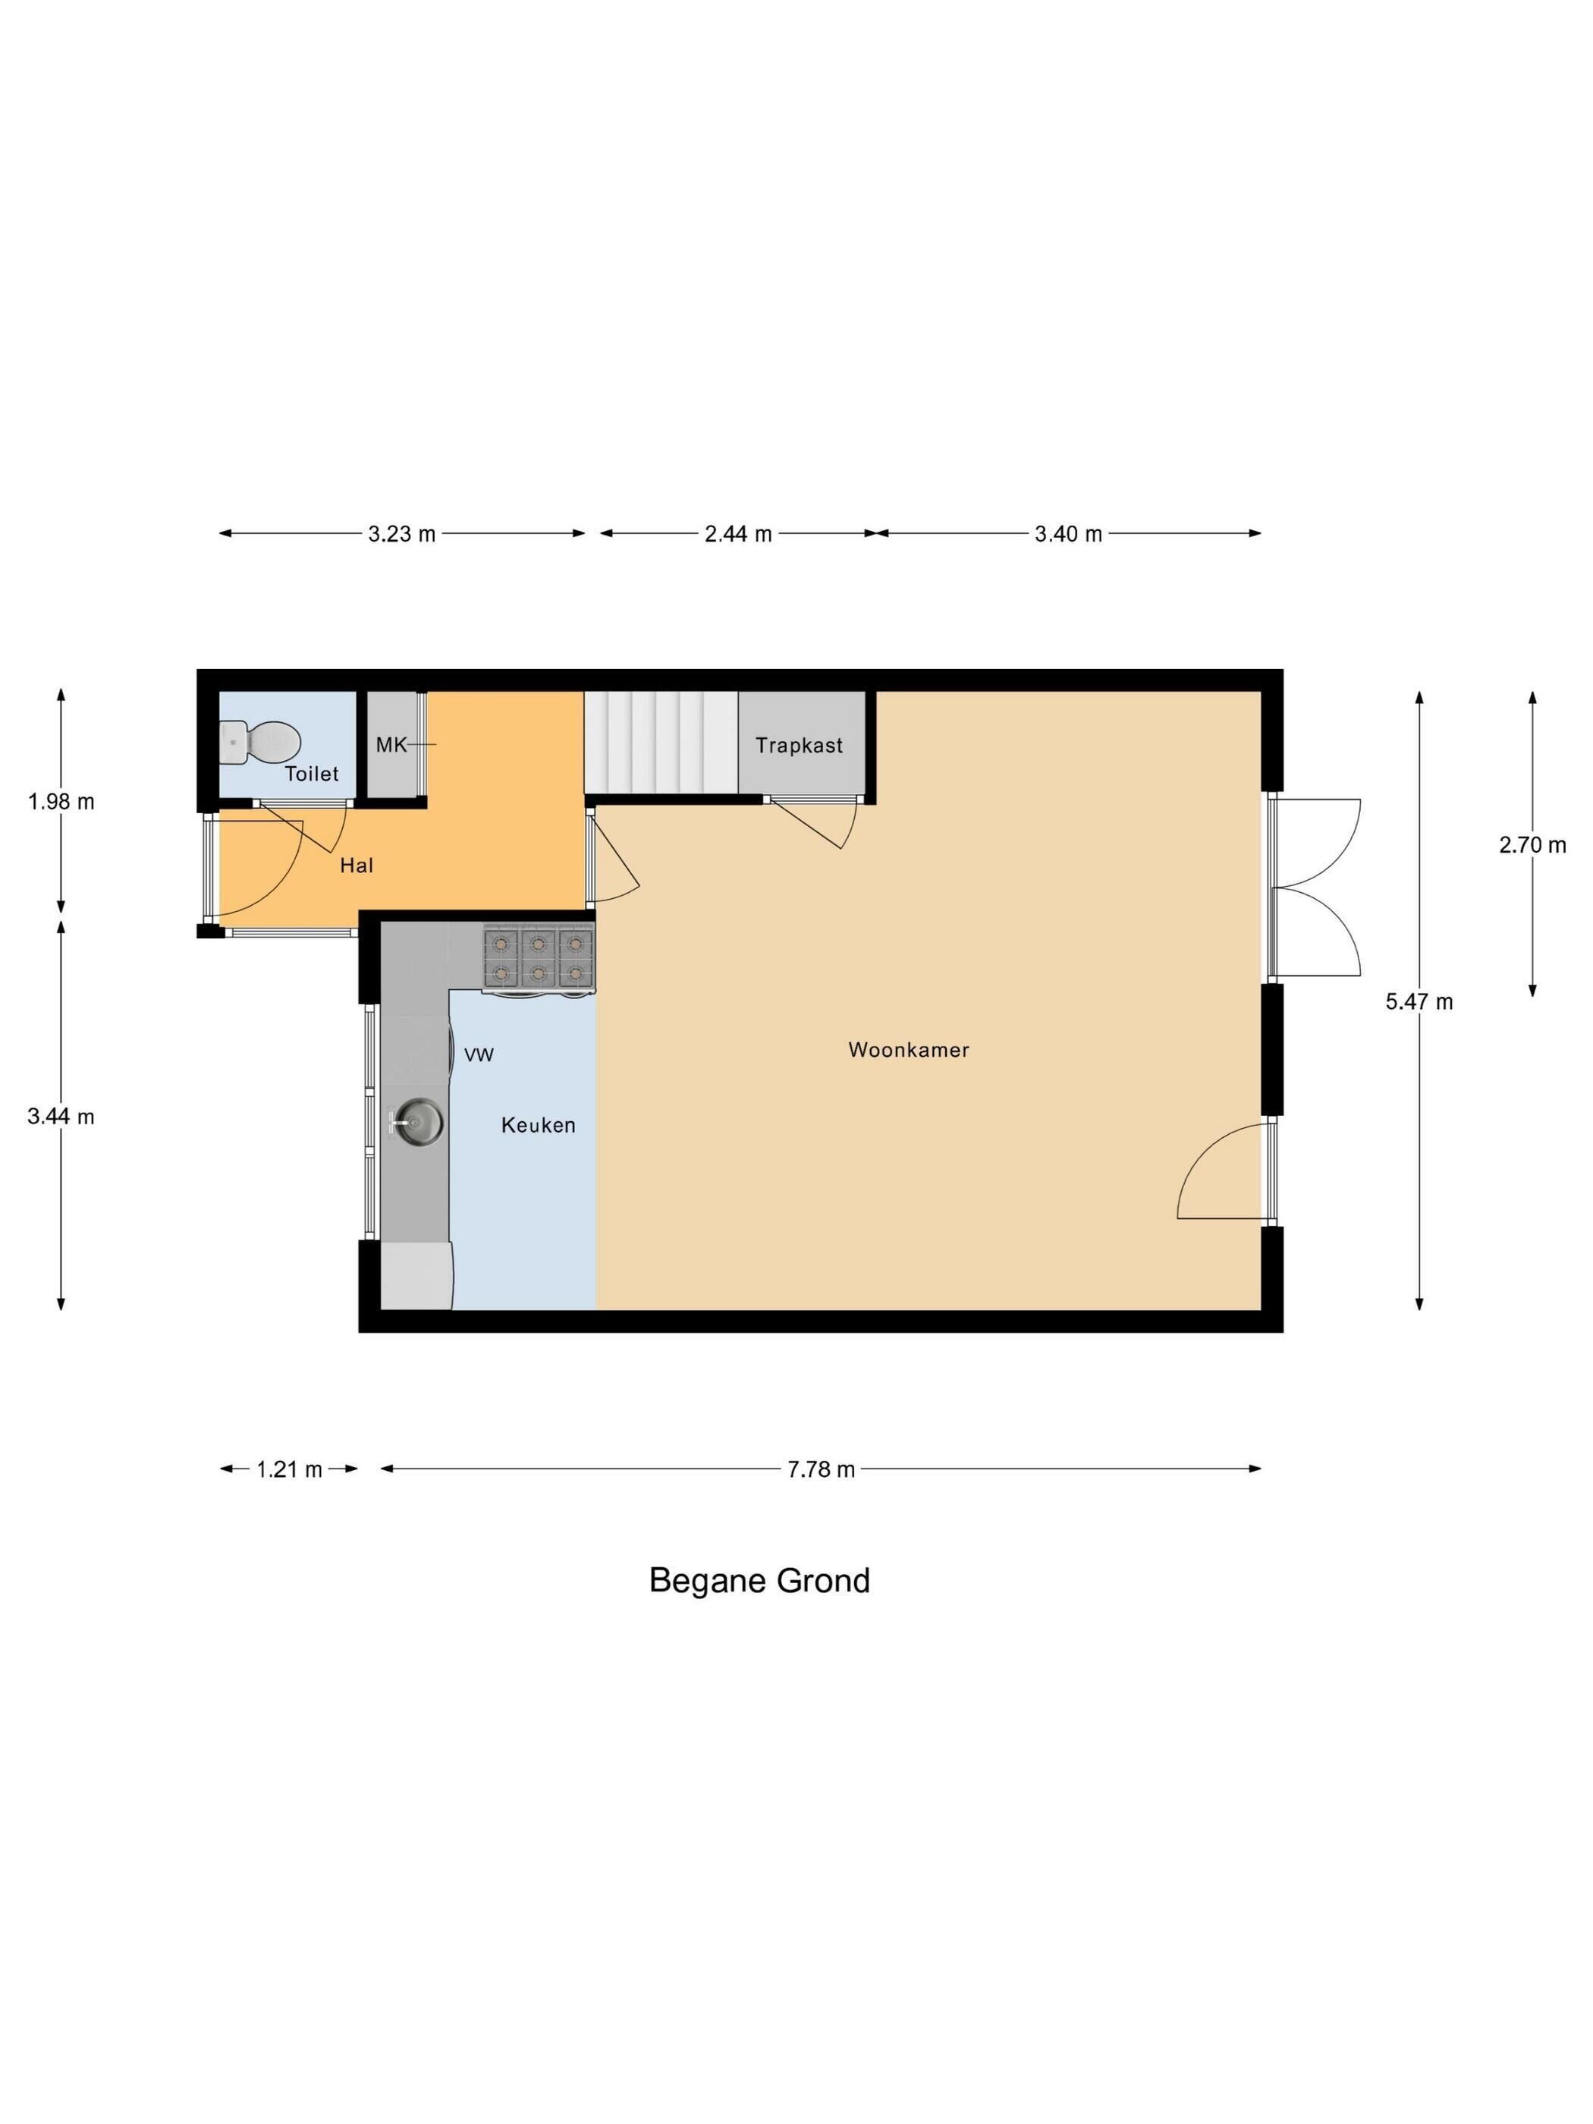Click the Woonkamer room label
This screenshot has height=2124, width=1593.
908,1050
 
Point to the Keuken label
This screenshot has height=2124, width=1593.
538,1124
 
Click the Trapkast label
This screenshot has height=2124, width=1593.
799,745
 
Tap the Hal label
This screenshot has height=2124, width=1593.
357,866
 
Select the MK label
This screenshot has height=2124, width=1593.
391,744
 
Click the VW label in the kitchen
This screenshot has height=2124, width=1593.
479,1054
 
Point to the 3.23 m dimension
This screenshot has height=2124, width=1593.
401,534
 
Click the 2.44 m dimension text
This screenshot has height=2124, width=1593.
738,534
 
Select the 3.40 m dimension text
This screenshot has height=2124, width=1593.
1068,534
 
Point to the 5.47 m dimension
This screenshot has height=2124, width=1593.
1419,1001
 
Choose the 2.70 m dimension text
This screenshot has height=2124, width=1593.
1532,845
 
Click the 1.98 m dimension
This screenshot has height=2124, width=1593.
61,801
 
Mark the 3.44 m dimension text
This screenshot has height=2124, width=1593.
61,1116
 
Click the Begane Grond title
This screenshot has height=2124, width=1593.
759,1579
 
